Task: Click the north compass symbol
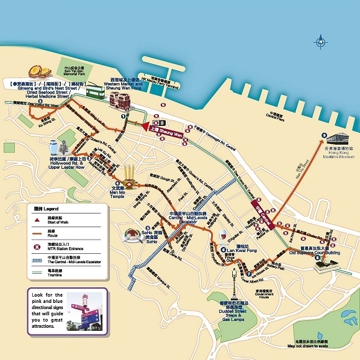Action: point(320,42)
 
